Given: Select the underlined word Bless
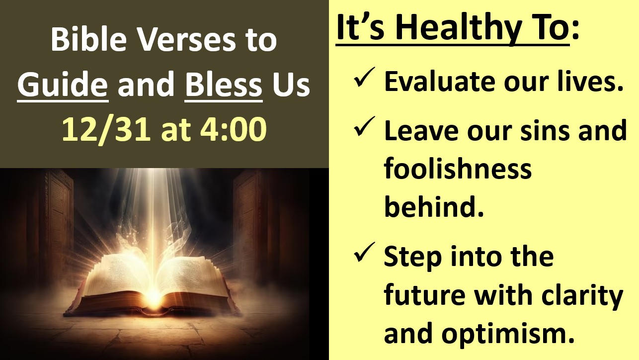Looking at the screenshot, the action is click(x=224, y=85).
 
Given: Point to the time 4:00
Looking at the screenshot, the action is click(x=234, y=129).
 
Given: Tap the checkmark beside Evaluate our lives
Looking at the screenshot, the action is click(x=364, y=77).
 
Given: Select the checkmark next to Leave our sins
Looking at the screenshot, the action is click(x=364, y=126).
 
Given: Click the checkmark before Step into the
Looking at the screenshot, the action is click(x=364, y=252).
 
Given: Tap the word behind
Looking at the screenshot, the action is click(x=434, y=206).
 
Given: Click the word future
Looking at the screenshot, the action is click(x=425, y=296).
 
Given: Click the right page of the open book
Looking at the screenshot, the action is click(x=191, y=276).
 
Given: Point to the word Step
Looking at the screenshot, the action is click(x=412, y=259).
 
